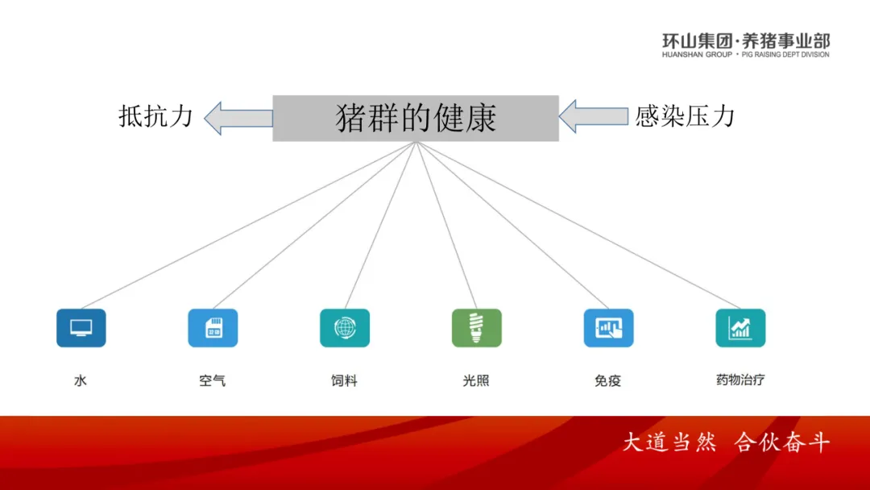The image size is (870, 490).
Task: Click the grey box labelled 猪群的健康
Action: (416, 118)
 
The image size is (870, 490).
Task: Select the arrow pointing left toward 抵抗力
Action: (238, 118)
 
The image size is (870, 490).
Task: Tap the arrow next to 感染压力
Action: (593, 117)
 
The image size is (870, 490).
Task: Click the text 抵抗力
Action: (156, 117)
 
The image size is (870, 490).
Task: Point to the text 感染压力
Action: (685, 117)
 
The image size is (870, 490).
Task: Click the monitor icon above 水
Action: (81, 328)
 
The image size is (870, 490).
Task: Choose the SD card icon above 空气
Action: (213, 328)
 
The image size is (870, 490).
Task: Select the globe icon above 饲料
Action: (345, 328)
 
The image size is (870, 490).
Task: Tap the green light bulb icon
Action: (477, 328)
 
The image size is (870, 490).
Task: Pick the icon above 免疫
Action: (608, 328)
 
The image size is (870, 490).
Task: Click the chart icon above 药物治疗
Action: (740, 328)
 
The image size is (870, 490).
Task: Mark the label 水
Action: (81, 380)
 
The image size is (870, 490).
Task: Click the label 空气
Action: (213, 380)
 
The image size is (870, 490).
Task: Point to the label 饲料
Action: (345, 380)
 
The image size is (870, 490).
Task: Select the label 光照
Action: (476, 380)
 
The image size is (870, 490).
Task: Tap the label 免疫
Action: (608, 380)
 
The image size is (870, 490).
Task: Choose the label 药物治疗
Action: (740, 380)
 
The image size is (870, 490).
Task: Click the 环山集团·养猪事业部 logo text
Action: (745, 41)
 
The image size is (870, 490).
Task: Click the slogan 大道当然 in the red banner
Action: (669, 442)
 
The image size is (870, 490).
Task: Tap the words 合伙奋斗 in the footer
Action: (782, 442)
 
